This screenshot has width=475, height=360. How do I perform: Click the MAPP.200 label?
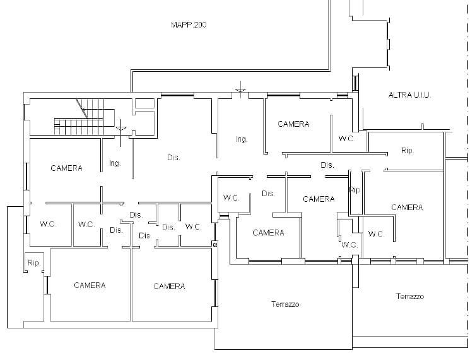pos(189,25)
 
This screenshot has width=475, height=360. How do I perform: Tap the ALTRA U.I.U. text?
pos(409,95)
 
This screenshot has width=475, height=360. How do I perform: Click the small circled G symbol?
pos(215,245)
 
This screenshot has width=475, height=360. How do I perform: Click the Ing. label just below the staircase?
pos(115,163)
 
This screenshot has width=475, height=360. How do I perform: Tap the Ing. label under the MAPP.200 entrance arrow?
pos(242,139)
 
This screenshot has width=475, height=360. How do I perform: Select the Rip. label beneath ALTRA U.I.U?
pos(407,151)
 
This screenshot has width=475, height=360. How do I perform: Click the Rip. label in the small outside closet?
pos(34,263)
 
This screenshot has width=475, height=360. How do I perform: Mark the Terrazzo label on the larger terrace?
pos(285,305)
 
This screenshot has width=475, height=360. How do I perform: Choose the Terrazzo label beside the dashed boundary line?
pos(409,296)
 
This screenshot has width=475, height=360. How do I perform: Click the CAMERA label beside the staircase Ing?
pos(66,168)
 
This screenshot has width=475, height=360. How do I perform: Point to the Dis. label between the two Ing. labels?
pos(173,158)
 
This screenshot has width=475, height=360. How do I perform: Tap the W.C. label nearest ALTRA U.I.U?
pos(346,138)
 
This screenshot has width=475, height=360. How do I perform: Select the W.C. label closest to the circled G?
pos(193,226)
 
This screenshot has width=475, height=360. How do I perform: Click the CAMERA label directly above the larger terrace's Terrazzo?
pos(268,233)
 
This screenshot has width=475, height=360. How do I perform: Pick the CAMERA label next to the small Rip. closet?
pos(90,285)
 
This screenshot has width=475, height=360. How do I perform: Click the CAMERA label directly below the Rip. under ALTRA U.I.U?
pos(407,207)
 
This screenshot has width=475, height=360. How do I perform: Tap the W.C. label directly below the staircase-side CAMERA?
pos(48,224)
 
